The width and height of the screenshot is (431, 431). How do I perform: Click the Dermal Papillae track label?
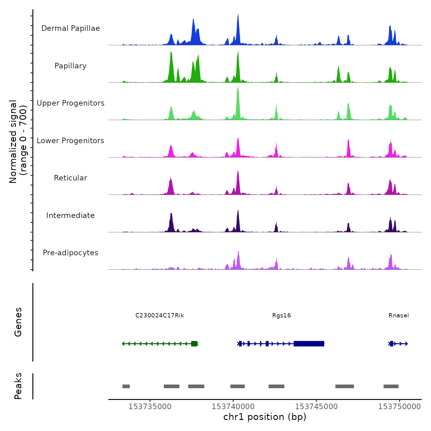[70, 28]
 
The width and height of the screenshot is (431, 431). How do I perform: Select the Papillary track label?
[70, 66]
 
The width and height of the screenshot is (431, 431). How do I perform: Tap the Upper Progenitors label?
[70, 103]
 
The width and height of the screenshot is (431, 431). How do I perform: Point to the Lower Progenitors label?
[70, 141]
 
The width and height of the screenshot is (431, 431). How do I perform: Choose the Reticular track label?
[70, 178]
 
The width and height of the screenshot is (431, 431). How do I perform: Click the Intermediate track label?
[70, 216]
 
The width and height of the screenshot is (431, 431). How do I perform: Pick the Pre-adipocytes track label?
[70, 253]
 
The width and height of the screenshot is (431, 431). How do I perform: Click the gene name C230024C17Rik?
[159, 316]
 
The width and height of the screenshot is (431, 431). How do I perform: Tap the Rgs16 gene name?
[281, 316]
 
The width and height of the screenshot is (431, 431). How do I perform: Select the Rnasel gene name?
[399, 316]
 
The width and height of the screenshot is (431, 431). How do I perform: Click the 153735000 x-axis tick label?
[150, 407]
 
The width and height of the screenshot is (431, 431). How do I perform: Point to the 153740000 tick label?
[233, 407]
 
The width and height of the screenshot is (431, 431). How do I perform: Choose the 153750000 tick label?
[399, 407]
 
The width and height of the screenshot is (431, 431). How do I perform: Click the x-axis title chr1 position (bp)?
[265, 417]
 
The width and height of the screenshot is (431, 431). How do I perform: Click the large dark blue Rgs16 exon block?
[309, 344]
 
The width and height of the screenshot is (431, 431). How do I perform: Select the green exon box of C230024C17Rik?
[194, 344]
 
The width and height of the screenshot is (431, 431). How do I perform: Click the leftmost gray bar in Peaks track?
[126, 386]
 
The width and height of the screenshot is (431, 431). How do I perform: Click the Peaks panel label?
[18, 386]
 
